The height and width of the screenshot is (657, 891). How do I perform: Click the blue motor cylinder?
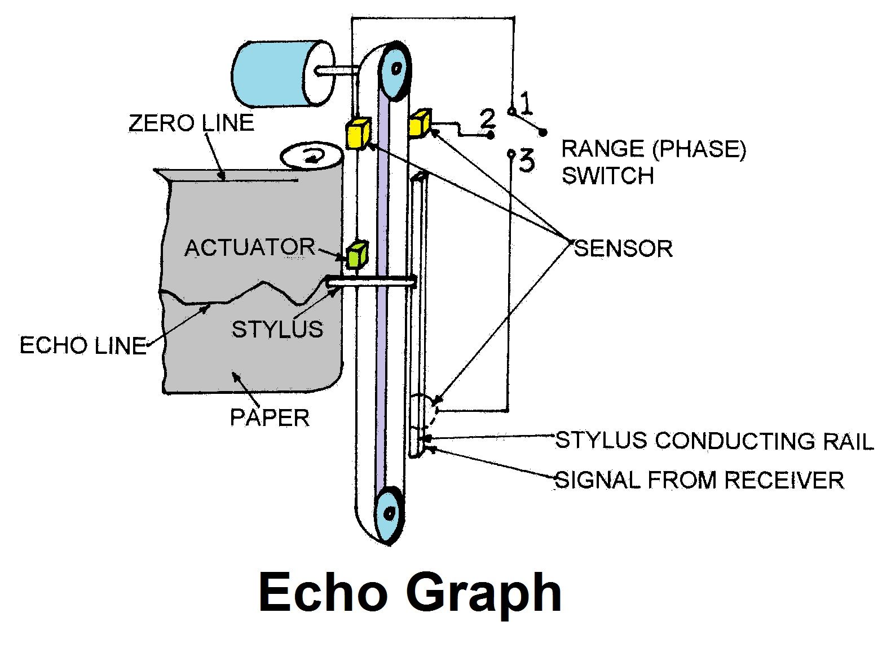tap(276, 73)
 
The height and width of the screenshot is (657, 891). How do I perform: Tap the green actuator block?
tap(358, 254)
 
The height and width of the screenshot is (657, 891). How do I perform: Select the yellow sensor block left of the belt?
tap(358, 133)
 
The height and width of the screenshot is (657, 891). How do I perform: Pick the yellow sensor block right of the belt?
tap(420, 123)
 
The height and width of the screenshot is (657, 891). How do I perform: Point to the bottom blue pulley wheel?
tap(390, 513)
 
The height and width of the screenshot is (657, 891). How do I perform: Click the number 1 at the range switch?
tap(526, 104)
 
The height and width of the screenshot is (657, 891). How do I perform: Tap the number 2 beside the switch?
tap(487, 119)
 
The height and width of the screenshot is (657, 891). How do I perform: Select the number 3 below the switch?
tap(526, 161)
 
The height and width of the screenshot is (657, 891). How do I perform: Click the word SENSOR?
tap(623, 248)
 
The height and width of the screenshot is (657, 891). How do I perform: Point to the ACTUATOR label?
tap(250, 247)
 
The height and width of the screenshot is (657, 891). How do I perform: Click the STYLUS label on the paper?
tap(277, 329)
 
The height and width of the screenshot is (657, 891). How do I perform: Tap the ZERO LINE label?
tap(191, 123)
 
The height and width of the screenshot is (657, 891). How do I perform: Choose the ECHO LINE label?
tap(83, 345)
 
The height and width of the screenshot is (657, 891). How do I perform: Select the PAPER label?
tap(270, 418)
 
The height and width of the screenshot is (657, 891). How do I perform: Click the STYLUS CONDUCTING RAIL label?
tap(714, 441)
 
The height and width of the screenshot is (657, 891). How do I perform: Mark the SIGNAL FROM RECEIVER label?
tap(700, 480)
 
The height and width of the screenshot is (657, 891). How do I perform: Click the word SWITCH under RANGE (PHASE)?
tap(607, 176)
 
